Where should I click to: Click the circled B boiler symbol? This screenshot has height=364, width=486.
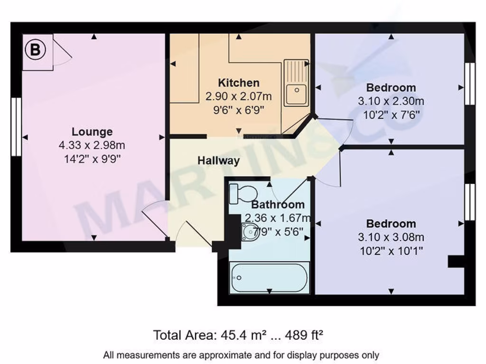[x=35, y=50]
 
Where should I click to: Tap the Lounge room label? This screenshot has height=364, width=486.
[x=92, y=132]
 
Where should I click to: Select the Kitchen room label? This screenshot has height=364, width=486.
[x=239, y=83]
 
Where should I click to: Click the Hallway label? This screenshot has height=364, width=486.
[x=218, y=161]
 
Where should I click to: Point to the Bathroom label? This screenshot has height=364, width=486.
[x=278, y=205]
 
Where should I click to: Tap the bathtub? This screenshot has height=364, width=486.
[x=269, y=278]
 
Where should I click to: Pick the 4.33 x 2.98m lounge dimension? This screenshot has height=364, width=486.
[x=92, y=146]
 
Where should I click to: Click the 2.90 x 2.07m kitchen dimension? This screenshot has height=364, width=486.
[x=239, y=97]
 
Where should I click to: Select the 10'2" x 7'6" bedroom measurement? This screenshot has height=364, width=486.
[x=391, y=115]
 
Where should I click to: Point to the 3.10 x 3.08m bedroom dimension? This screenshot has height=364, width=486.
[x=391, y=237]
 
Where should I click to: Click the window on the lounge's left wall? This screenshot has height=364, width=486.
[x=16, y=127]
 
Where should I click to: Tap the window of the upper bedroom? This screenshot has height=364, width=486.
[x=469, y=84]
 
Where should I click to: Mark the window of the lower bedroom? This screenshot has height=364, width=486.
[x=469, y=202]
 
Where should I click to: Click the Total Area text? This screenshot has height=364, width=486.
[x=238, y=336]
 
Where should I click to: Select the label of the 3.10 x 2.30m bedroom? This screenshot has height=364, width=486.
[x=391, y=88]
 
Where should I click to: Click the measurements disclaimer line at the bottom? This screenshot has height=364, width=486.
[x=241, y=355]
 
